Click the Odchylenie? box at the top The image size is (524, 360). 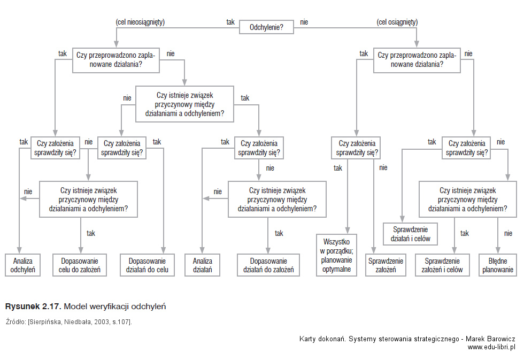[x=266, y=27]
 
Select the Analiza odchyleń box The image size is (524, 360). [x=22, y=265]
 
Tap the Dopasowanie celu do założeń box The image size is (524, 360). [x=80, y=265]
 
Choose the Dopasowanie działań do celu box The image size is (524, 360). [x=147, y=265]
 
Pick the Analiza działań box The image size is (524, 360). [x=202, y=265]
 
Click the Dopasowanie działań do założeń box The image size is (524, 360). [x=268, y=265]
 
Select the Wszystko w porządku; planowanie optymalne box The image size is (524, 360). [x=336, y=255]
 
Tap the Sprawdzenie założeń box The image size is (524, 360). [x=386, y=265]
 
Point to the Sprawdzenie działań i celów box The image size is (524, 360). [x=411, y=234]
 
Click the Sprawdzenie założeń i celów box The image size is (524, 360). [x=442, y=265]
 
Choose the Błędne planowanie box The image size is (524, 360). [x=498, y=265]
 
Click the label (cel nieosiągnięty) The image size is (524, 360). [x=140, y=22]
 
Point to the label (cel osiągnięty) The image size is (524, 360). [x=397, y=22]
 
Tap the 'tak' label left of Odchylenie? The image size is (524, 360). [x=230, y=22]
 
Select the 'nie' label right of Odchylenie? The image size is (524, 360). [x=304, y=22]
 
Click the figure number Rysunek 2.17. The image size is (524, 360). [x=33, y=307]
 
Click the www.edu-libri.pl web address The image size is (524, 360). [x=491, y=347]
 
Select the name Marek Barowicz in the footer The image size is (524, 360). [x=490, y=339]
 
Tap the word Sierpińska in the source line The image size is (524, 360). [x=45, y=322]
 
